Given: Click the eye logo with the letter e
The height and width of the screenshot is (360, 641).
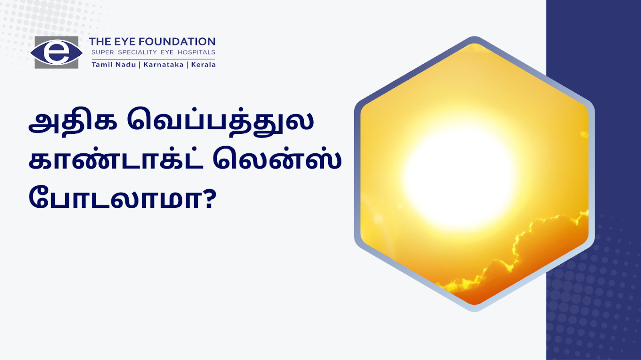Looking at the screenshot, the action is coord(56,52).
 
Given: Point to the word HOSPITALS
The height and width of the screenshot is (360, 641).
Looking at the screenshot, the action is coord(196,52).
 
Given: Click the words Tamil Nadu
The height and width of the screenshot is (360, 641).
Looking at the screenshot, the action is coord(114,64).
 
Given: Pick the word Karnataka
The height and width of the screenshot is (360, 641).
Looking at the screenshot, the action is coord(163,64).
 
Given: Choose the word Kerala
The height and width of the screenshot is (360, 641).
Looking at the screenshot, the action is coord(203,64).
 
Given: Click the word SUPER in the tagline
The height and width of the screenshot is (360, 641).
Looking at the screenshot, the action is coord(103,52).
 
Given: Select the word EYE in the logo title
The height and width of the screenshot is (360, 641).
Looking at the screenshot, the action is coord(125,42).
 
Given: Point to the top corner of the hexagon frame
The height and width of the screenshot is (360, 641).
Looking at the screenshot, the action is coord(474,37).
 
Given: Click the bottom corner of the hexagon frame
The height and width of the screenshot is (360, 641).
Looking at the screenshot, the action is coord(474,311).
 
